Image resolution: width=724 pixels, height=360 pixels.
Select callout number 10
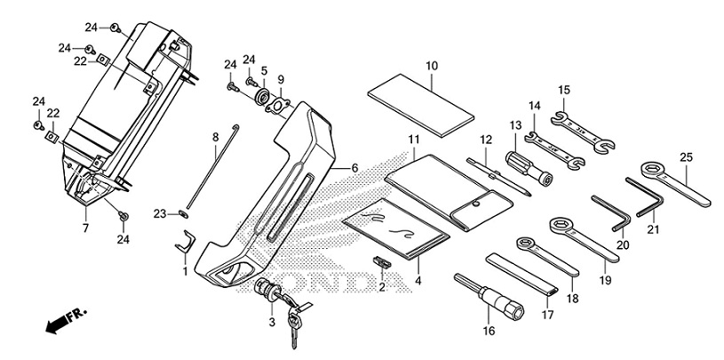click(x=432, y=66)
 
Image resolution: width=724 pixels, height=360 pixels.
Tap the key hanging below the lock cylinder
click(x=292, y=329)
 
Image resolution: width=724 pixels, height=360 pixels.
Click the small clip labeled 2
click(x=381, y=263)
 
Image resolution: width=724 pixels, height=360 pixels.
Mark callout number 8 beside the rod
click(x=214, y=137)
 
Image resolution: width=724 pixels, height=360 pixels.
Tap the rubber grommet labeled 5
click(x=264, y=94)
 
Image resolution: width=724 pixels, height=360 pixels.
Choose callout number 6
click(x=354, y=168)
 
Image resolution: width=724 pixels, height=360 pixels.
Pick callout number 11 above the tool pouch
click(x=413, y=140)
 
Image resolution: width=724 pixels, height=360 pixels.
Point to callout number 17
click(x=548, y=313)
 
